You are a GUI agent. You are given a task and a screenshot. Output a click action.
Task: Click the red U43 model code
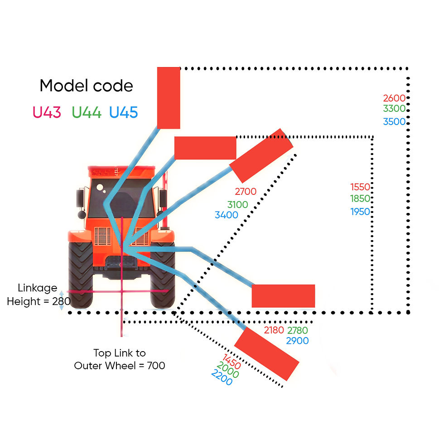47,112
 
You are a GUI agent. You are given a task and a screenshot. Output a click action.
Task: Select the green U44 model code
87,112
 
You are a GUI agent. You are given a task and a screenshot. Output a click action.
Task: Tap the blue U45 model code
123,112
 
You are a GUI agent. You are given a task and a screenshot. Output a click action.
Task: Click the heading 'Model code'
87,86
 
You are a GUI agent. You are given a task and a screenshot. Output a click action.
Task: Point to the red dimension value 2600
394,98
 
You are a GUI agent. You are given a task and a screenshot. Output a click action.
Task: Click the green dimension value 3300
394,108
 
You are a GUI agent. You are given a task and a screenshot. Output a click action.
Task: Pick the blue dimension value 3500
394,122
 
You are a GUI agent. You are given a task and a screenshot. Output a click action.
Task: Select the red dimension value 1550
360,187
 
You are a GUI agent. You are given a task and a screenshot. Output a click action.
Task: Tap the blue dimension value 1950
360,212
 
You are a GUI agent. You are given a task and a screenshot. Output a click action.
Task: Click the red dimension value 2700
246,192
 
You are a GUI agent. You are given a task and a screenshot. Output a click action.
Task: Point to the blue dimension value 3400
226,215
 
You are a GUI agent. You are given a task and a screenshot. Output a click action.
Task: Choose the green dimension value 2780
298,330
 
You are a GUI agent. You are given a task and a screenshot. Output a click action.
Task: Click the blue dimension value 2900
297,341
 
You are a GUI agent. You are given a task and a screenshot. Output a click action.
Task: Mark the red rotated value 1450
232,362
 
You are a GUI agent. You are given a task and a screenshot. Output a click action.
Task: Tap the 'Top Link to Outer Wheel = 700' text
120,359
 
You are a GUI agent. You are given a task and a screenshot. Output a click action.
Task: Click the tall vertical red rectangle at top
169,98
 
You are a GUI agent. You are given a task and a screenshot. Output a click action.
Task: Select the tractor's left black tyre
81,275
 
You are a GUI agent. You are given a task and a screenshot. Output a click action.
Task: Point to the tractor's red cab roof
122,172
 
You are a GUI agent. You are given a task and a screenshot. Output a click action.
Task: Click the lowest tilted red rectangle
267,354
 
